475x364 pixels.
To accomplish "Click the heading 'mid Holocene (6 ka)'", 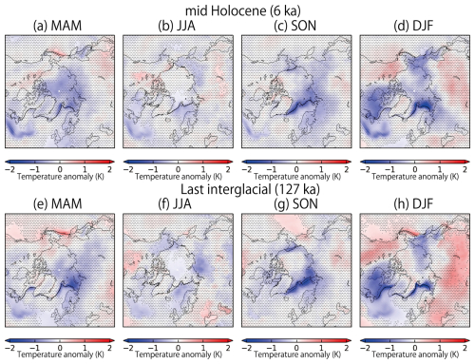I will click(237, 8).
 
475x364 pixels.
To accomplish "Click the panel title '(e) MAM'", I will click(59, 201).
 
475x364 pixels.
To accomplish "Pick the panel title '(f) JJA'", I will click(177, 201).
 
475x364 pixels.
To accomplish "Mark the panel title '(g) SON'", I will click(295, 201).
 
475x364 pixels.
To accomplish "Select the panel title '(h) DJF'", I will click(414, 201).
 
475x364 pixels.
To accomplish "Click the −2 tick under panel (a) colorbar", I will click(9, 167).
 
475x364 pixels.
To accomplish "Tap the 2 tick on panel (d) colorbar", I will click(465, 167).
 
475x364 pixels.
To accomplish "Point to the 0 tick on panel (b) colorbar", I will click(178, 167).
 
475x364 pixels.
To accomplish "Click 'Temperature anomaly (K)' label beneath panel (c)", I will click(295, 176).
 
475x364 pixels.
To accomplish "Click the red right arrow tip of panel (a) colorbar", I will click(112, 160).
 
